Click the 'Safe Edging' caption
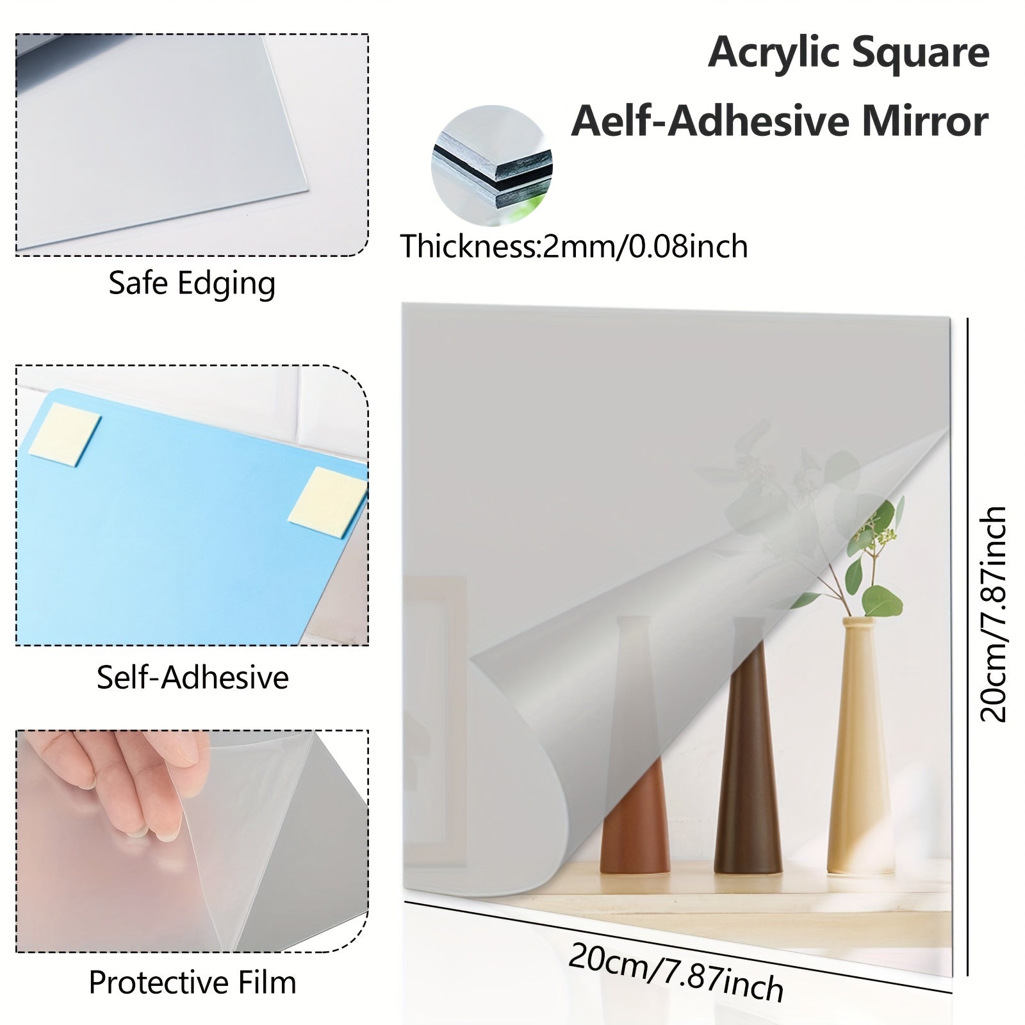click(192, 283)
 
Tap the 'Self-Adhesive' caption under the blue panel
click(192, 677)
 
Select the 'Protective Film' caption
click(192, 982)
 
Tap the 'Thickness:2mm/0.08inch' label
click(573, 246)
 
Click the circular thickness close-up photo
click(491, 165)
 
